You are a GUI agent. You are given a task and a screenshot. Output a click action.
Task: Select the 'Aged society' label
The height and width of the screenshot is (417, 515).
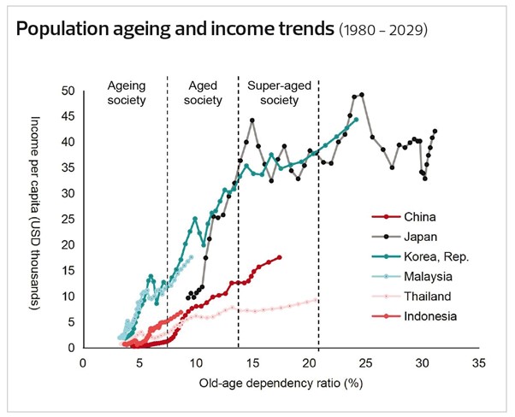[x=203, y=92]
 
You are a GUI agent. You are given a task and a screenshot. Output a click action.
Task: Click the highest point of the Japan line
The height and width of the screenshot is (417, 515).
[x=363, y=95]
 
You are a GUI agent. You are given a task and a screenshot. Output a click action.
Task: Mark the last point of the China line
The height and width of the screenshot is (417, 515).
[x=279, y=256]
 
